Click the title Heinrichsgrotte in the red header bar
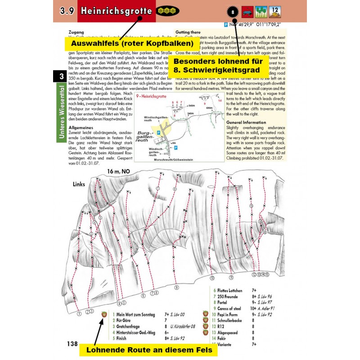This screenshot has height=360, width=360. (117, 11)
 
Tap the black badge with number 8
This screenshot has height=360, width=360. (233, 11)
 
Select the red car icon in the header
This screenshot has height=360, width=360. (247, 11)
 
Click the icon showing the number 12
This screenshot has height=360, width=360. (275, 11)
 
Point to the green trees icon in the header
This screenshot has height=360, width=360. (261, 11)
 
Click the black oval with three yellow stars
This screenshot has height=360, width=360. (167, 11)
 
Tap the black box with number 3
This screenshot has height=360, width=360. (60, 76)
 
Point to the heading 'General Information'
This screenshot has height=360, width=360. (247, 122)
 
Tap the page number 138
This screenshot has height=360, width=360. (72, 343)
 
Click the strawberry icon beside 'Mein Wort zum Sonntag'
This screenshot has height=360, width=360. (105, 314)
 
